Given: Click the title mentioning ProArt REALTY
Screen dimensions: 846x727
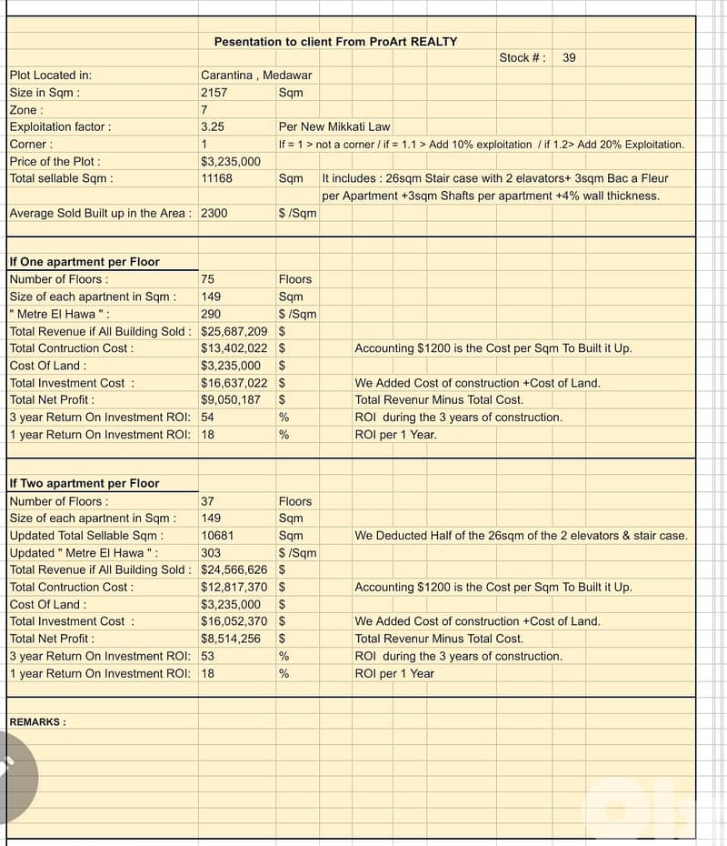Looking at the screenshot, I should point(335,42).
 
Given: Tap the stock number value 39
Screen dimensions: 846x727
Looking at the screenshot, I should point(569,58).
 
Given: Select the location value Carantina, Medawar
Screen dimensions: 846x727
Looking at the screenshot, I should point(255,76).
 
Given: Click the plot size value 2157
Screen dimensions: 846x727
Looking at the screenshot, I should point(214,93).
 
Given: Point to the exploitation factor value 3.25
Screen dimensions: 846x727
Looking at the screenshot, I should point(213,127).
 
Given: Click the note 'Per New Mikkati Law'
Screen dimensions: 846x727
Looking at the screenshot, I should point(334,127).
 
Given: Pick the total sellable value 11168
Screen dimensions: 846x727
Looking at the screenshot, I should point(216,178).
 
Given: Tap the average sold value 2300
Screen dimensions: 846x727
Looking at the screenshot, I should point(214,213).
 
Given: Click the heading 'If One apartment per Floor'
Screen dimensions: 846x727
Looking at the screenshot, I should point(85,262).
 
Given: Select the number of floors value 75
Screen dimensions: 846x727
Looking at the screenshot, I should point(207,279).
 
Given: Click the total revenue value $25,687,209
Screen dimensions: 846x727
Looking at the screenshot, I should point(234,331).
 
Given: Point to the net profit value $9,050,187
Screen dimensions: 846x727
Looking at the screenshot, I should point(231,399).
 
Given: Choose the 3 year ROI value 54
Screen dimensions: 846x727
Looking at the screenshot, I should point(207,417).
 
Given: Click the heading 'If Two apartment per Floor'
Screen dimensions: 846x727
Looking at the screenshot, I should point(85,484).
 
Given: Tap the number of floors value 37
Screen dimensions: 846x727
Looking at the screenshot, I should point(207,501).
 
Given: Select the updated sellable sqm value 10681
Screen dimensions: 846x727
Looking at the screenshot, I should point(216,536).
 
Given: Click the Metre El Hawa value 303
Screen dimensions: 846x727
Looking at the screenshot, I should point(211,553).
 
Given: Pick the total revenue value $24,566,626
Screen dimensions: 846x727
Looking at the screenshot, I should point(234,569).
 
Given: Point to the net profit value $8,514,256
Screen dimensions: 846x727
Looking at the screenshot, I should point(231,639).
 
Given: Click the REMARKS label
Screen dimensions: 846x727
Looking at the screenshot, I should point(37,722).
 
